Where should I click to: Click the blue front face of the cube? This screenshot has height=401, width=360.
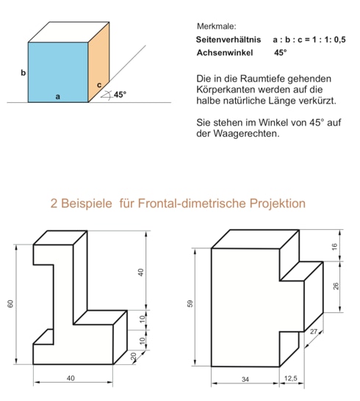tap(58, 72)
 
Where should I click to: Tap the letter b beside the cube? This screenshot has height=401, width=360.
tap(24, 73)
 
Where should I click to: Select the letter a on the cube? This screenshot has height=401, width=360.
tap(58, 97)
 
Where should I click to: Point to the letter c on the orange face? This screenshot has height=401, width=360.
tap(99, 84)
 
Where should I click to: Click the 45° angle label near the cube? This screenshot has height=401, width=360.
tap(120, 95)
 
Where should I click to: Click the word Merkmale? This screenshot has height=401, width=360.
tap(217, 26)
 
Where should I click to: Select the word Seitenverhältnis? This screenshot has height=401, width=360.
tap(228, 40)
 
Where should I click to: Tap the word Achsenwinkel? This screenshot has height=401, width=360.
tap(225, 53)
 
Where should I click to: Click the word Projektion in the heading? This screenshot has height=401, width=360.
tap(278, 203)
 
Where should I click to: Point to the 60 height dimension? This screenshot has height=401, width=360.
tap(10, 304)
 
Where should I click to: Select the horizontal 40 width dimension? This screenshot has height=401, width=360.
tap(71, 378)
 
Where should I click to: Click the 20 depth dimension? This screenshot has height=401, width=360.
tap(134, 356)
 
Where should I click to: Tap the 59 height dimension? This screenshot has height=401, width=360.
tap(190, 303)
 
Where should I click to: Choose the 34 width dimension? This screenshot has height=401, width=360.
tap(245, 379)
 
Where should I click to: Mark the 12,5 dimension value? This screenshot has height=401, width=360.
tap(291, 378)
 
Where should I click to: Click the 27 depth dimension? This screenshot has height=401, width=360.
tap(314, 332)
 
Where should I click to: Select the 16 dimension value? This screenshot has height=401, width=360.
tap(335, 247)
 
